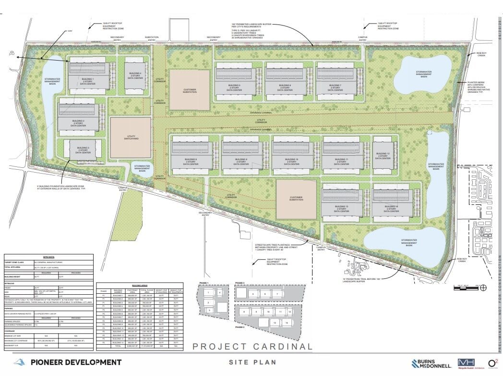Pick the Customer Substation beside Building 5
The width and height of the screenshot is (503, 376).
190,90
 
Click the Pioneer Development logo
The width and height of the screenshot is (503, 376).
67,362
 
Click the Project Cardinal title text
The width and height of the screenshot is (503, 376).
252,346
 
